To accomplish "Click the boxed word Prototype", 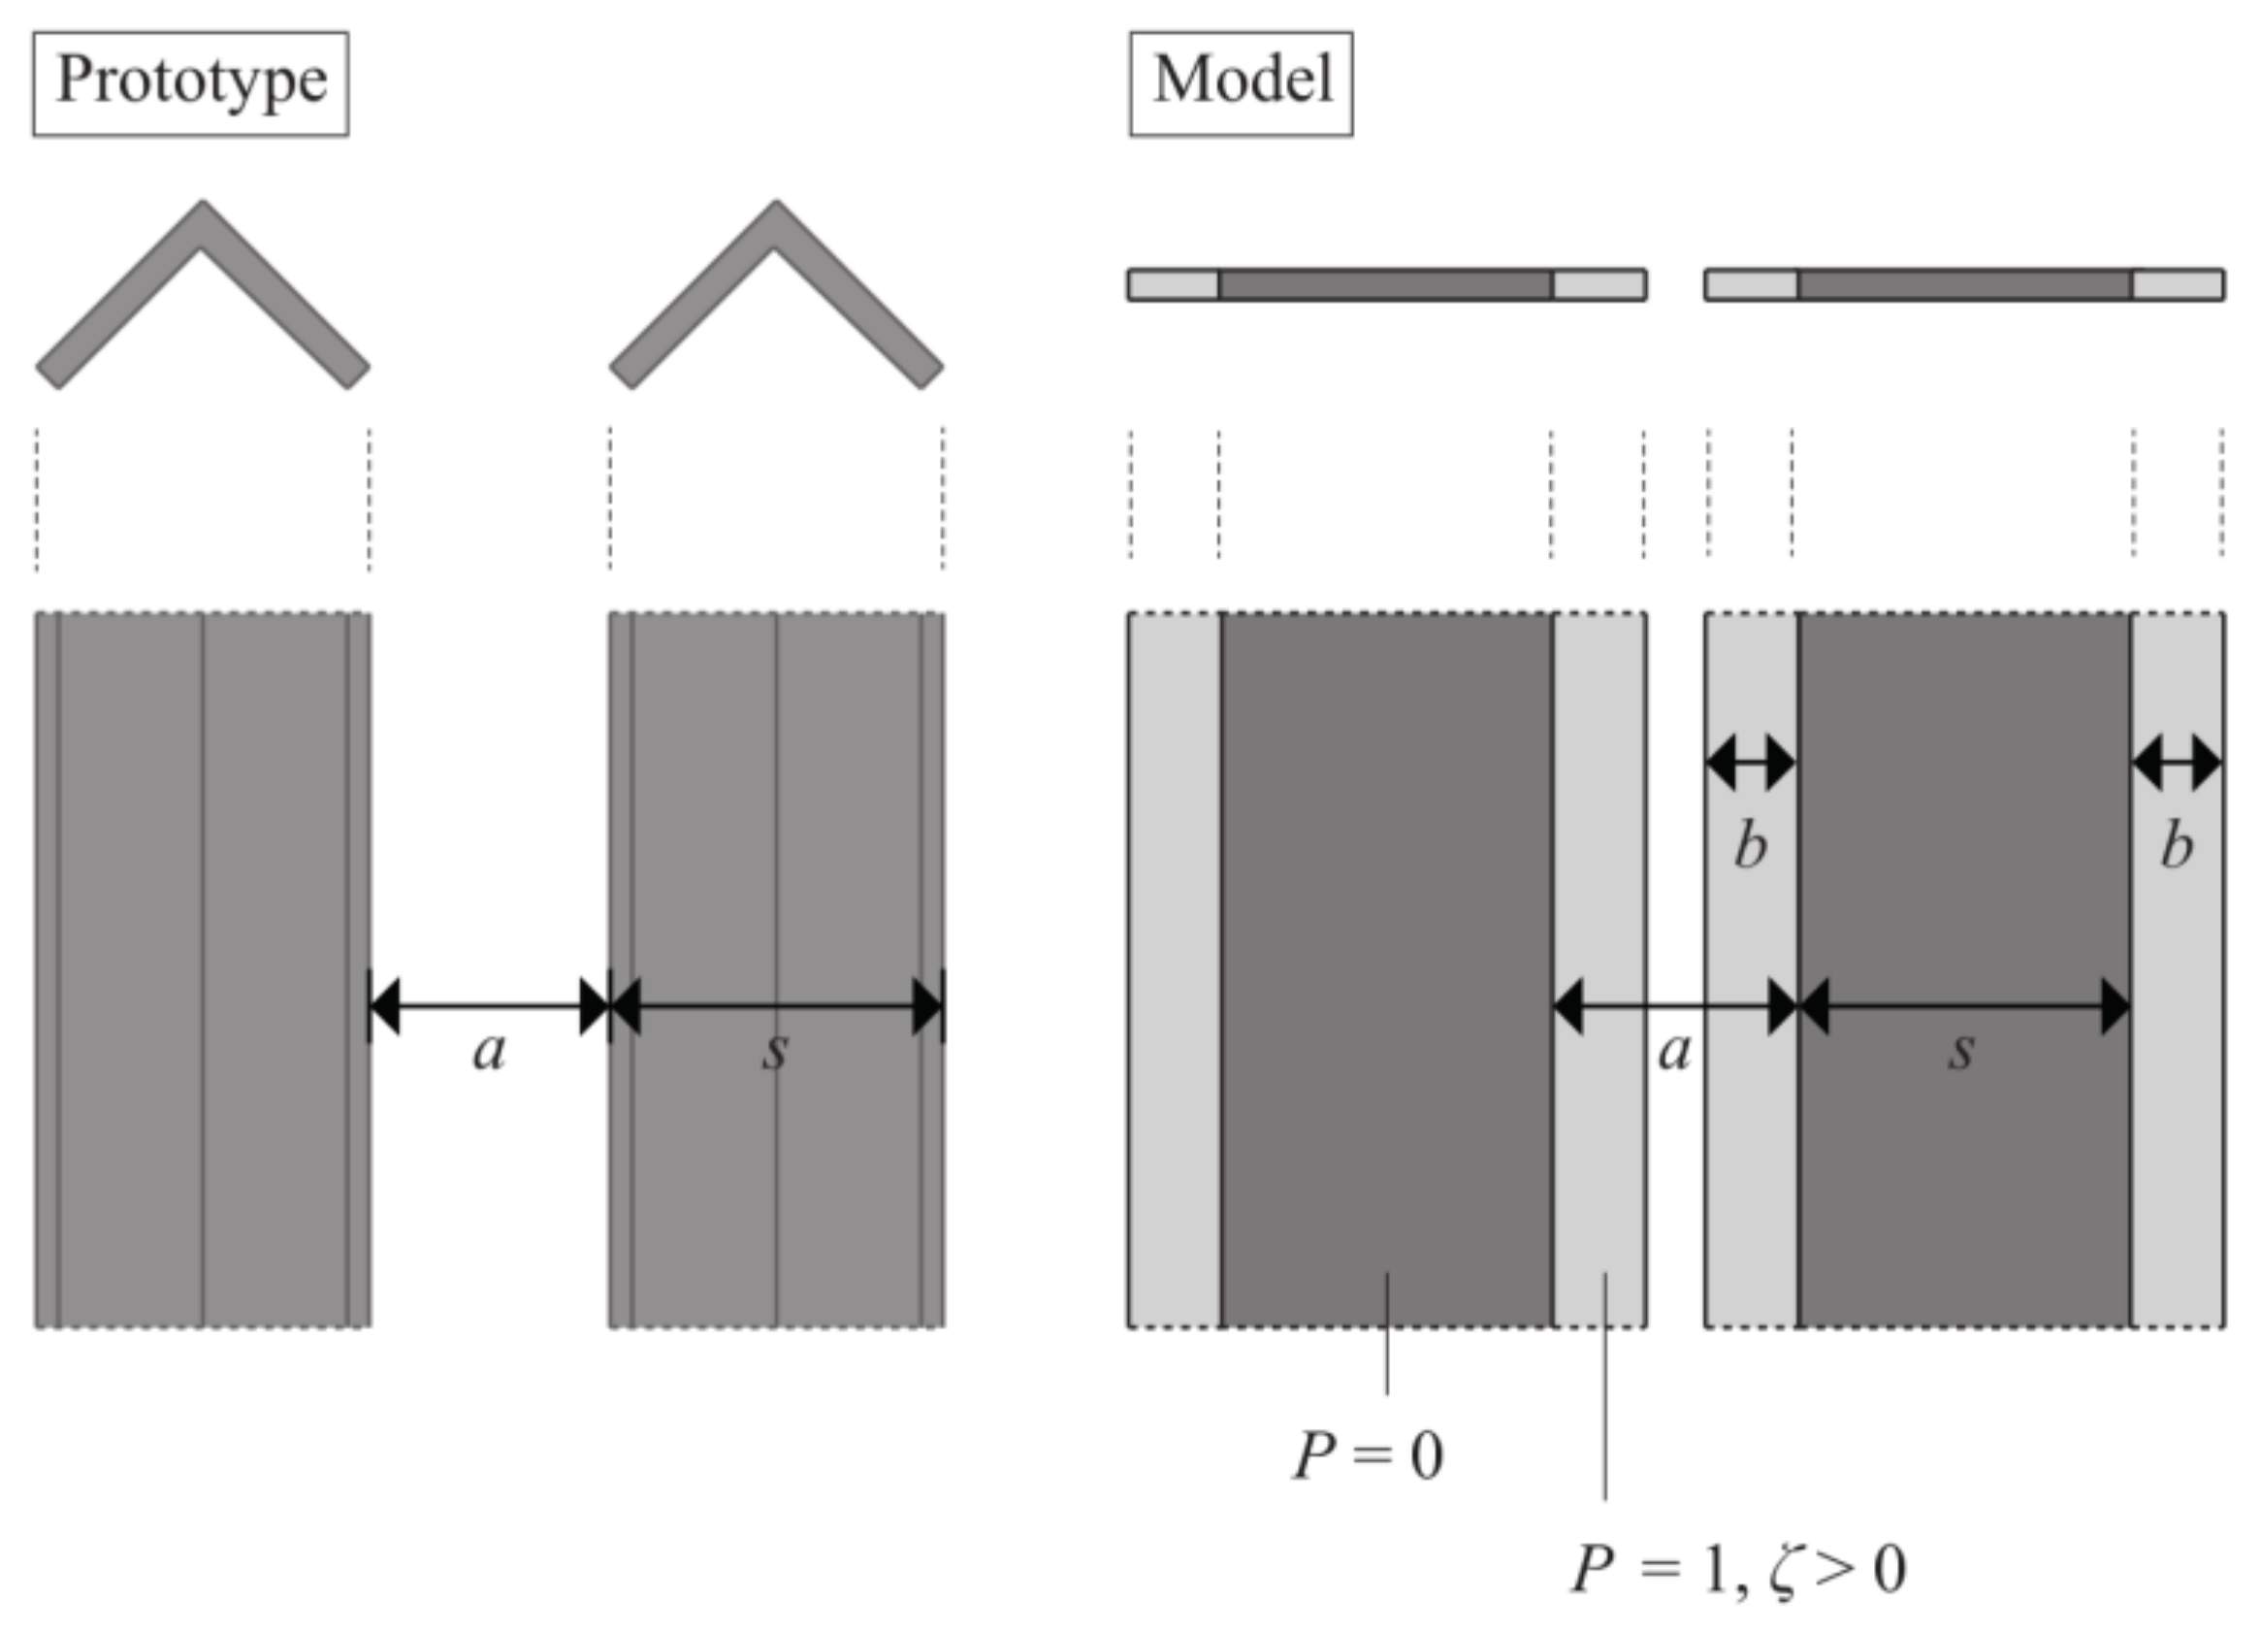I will pos(190,82).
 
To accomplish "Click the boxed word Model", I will pos(1242,82).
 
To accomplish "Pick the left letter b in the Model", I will pos(1751,846).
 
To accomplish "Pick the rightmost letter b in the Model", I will pos(2177,846).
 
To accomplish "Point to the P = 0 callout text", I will pos(1369,1456).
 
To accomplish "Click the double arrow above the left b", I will pos(1751,764).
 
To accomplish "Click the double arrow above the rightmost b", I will pos(2178,764).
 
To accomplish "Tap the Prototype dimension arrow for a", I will pos(489,1006).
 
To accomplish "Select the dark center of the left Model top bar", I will pos(1384,285).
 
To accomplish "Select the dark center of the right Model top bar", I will pos(1964,285).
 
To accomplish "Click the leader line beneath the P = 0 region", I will pos(1387,1336).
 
